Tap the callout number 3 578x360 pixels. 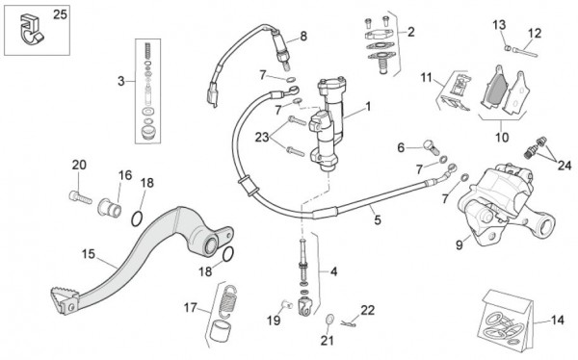point(121,81)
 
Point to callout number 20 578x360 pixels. point(78,165)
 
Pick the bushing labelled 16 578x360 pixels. point(110,205)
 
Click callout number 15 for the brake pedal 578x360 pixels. point(88,255)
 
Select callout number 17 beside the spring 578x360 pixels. point(190,308)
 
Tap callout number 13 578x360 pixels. point(498,23)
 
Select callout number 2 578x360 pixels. point(411,32)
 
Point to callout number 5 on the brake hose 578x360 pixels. point(377,219)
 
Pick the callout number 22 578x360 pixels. point(367,310)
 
